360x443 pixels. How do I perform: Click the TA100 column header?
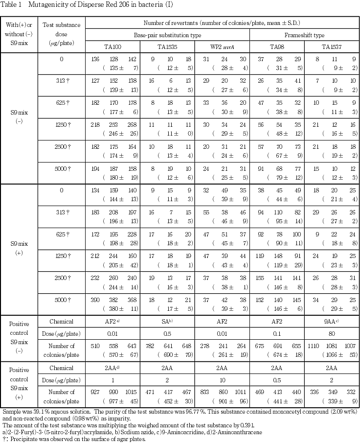tap(112, 47)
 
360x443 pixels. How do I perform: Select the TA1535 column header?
tap(167, 47)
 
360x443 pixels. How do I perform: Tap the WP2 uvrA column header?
tap(222, 47)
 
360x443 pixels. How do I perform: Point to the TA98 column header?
tap(277, 47)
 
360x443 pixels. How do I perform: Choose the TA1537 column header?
tap(332, 47)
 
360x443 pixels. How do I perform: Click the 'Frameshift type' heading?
tap(304, 35)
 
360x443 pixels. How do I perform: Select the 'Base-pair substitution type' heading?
tap(167, 35)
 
